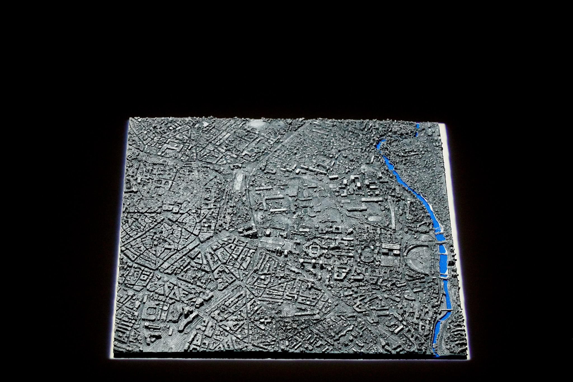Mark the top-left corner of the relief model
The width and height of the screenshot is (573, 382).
tap(130, 119)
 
